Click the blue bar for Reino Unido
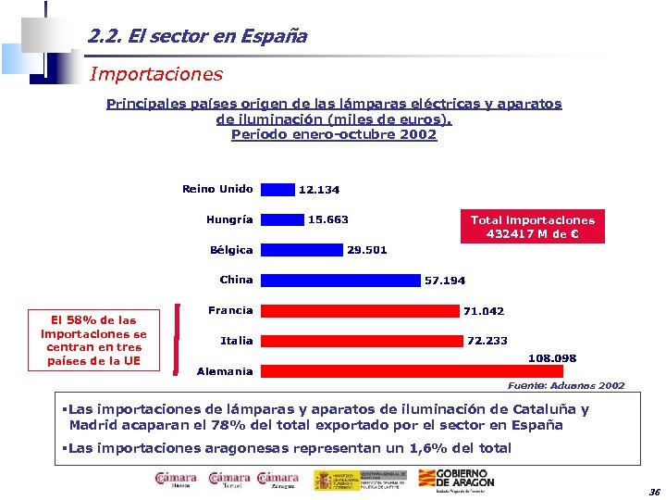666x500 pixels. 277,189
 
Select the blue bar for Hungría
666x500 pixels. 282,219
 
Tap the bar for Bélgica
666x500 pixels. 302,250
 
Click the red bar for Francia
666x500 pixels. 360,310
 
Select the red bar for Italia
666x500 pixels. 362,341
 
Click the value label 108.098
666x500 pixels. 552,357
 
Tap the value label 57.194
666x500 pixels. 445,281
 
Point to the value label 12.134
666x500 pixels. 318,190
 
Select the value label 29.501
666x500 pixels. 366,250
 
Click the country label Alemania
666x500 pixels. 225,371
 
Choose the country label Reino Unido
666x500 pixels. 217,189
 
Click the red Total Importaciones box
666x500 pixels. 533,226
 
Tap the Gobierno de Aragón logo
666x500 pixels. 456,480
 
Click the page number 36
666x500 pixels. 654,491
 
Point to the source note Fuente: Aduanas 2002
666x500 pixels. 566,385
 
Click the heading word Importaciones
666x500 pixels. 156,72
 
